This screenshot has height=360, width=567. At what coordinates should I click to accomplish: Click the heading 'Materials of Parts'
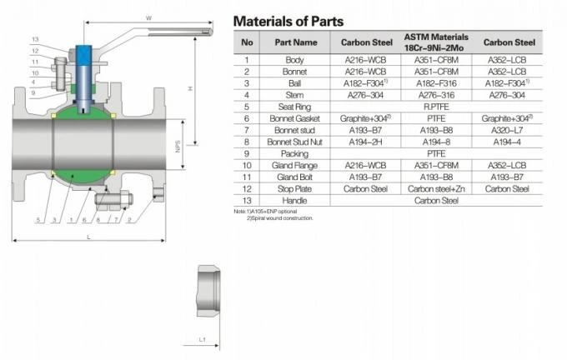(x=287, y=21)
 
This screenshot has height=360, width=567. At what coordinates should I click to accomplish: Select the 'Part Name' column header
(x=298, y=42)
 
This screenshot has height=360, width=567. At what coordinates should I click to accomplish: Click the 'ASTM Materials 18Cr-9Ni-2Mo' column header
(x=436, y=42)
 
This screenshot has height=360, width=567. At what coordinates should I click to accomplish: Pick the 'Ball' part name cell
(x=298, y=83)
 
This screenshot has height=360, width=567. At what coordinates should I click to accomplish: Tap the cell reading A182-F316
(x=436, y=83)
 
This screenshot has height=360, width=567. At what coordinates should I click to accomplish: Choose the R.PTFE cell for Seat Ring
(x=436, y=107)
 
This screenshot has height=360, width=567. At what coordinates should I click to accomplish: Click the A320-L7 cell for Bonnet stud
(x=508, y=130)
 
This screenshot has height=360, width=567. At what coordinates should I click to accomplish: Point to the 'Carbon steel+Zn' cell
(x=436, y=189)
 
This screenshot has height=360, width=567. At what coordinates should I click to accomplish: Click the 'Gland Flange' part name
(x=298, y=166)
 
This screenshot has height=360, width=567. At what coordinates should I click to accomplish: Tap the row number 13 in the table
(x=246, y=201)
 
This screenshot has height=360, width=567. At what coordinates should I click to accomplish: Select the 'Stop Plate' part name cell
(x=298, y=189)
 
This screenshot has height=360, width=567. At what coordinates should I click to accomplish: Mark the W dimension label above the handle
(x=148, y=17)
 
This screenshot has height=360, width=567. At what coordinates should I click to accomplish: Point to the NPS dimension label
(x=178, y=147)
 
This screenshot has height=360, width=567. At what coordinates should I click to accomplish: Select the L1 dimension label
(x=202, y=340)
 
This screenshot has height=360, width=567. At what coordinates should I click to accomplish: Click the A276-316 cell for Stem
(x=436, y=95)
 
